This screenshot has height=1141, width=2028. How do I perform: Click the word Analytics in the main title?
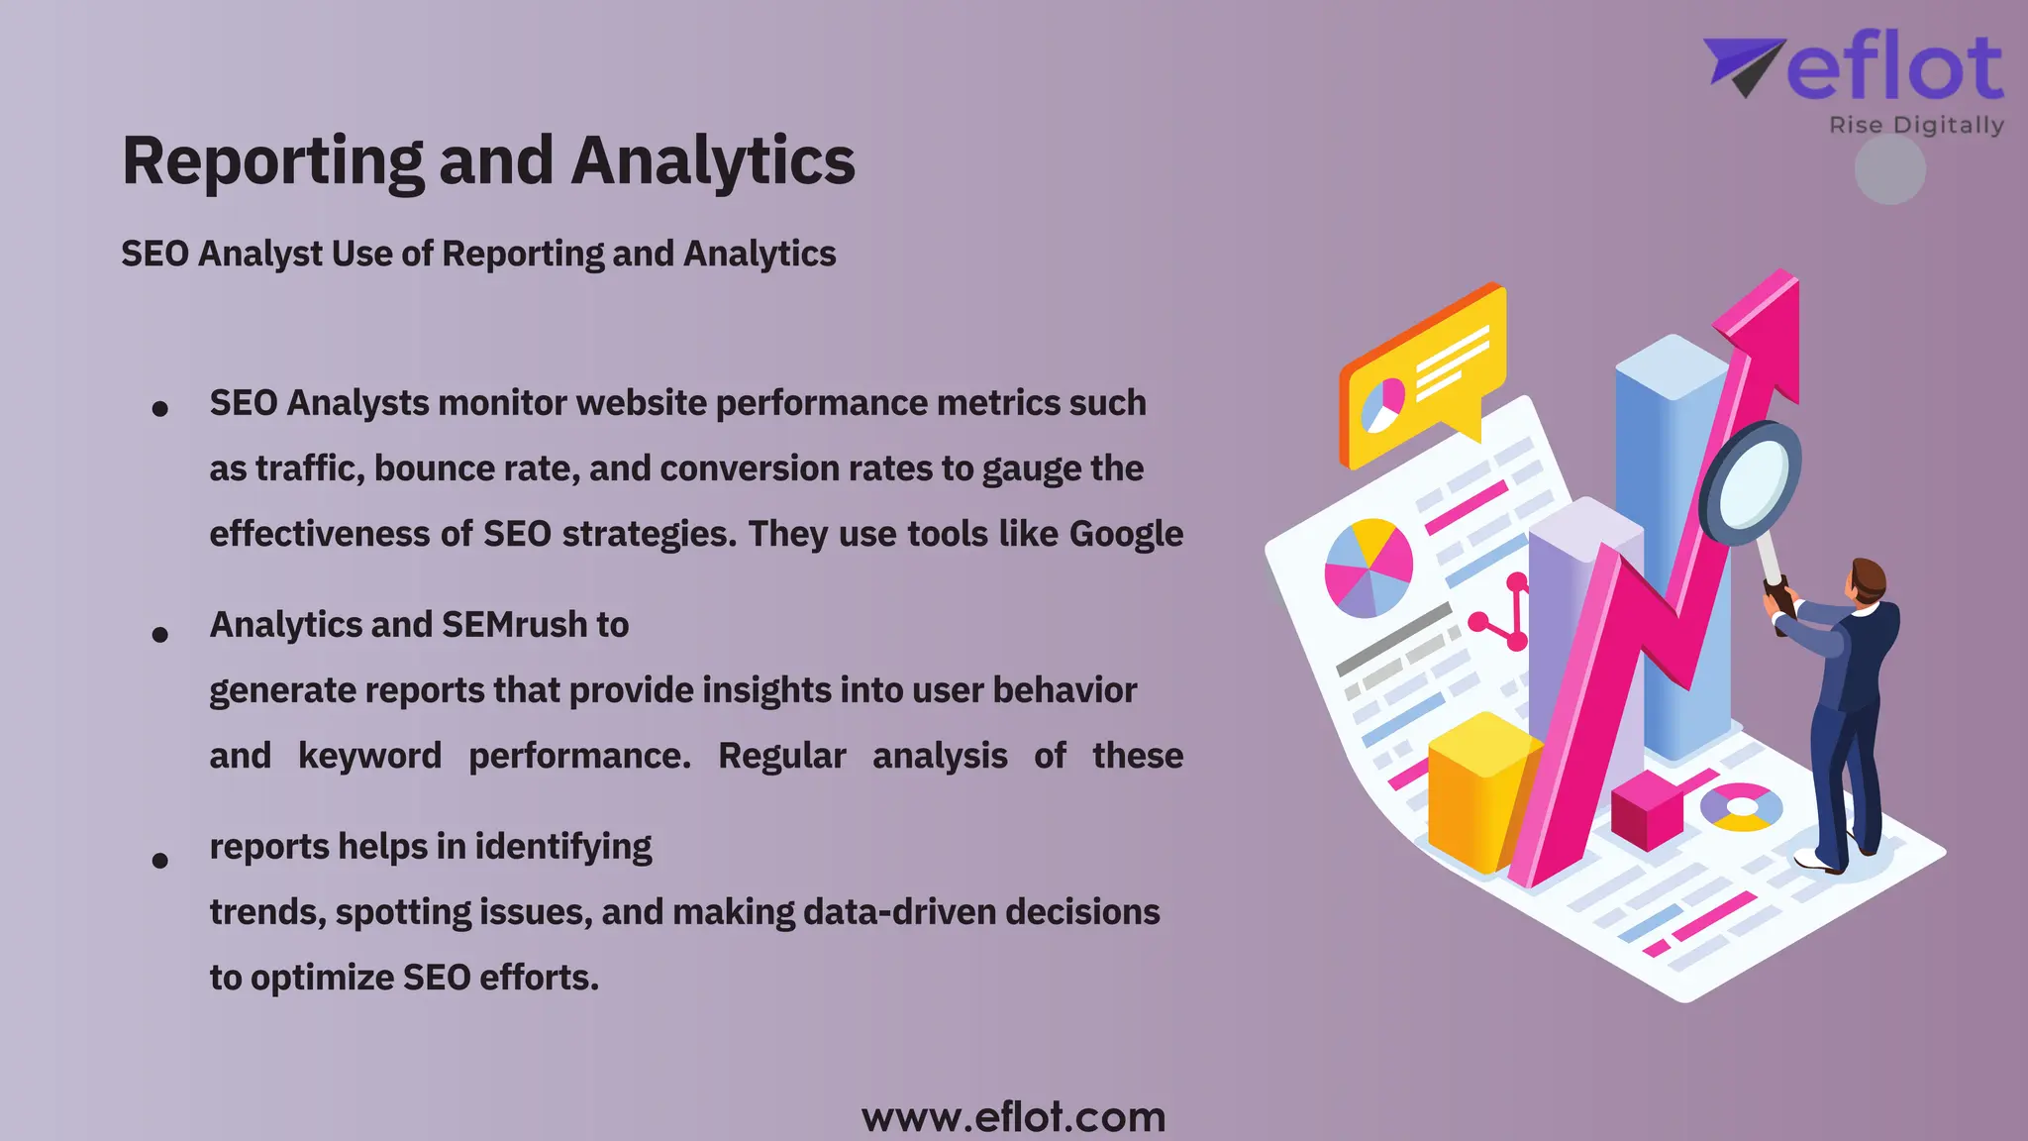pyautogui.click(x=713, y=160)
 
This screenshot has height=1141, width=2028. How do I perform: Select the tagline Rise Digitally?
pyautogui.click(x=1916, y=126)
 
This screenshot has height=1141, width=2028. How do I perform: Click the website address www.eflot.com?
pyautogui.click(x=1013, y=1117)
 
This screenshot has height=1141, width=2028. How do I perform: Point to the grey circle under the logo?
pyautogui.click(x=1889, y=170)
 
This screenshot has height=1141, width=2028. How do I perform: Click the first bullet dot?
pyautogui.click(x=159, y=408)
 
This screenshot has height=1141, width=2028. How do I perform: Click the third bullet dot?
pyautogui.click(x=159, y=860)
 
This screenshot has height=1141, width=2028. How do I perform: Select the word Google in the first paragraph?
pyautogui.click(x=1126, y=534)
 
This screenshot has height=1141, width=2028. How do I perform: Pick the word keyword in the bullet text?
pyautogui.click(x=369, y=756)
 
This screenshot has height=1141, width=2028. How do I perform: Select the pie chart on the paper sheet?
pyautogui.click(x=1369, y=568)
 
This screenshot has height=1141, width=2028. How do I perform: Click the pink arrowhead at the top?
pyautogui.click(x=1767, y=327)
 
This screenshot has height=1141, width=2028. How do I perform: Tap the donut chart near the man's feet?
pyautogui.click(x=1740, y=806)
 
